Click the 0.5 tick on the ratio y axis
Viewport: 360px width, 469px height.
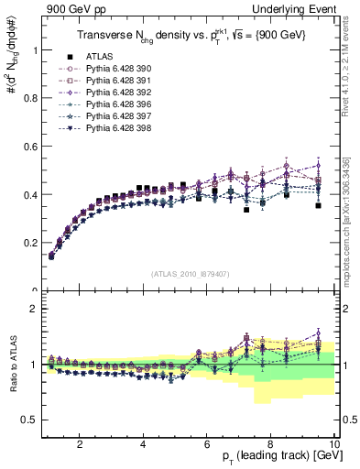point(34,420)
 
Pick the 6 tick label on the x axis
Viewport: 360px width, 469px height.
point(206,445)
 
